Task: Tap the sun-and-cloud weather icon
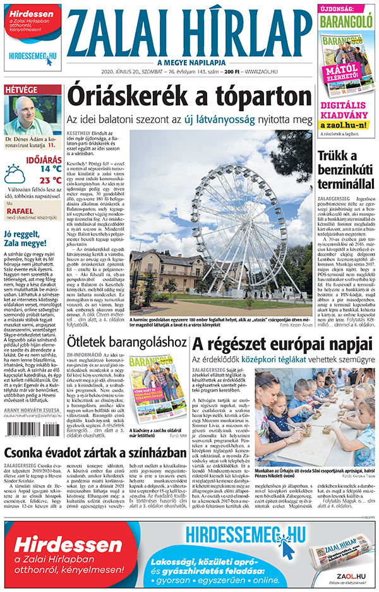15,174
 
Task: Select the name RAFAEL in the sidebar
17,212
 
